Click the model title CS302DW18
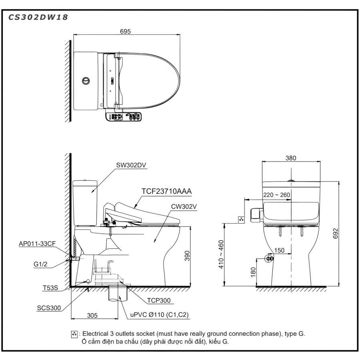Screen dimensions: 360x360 (38, 18)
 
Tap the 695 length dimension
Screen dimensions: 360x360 (125, 32)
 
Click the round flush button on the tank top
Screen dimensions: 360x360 (86, 81)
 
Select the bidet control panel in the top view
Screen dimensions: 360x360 (123, 117)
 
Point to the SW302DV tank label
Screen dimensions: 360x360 (131, 165)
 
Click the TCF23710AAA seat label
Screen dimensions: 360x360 (166, 191)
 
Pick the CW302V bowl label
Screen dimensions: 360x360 (184, 207)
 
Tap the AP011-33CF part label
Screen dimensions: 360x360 (37, 244)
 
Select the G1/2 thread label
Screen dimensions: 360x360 (40, 264)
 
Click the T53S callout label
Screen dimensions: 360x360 (50, 288)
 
